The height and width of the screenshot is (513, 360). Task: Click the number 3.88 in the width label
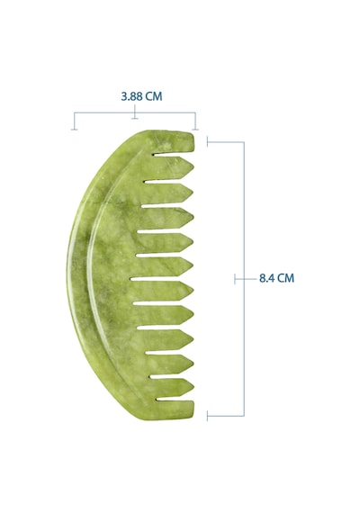pos(132,96)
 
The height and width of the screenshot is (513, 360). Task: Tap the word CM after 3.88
pos(154,96)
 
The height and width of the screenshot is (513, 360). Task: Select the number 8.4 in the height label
pos(266,278)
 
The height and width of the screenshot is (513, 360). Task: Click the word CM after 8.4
pos(285,278)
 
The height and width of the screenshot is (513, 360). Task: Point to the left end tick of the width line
pos(75,130)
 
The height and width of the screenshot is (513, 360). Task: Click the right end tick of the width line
pos(195,130)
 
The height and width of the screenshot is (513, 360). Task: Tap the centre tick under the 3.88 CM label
pos(134,118)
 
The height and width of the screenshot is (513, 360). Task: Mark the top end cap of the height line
pos(207,141)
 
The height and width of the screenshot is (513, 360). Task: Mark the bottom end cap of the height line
pos(207,416)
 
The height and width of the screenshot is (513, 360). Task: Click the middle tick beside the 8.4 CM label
pos(235,279)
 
